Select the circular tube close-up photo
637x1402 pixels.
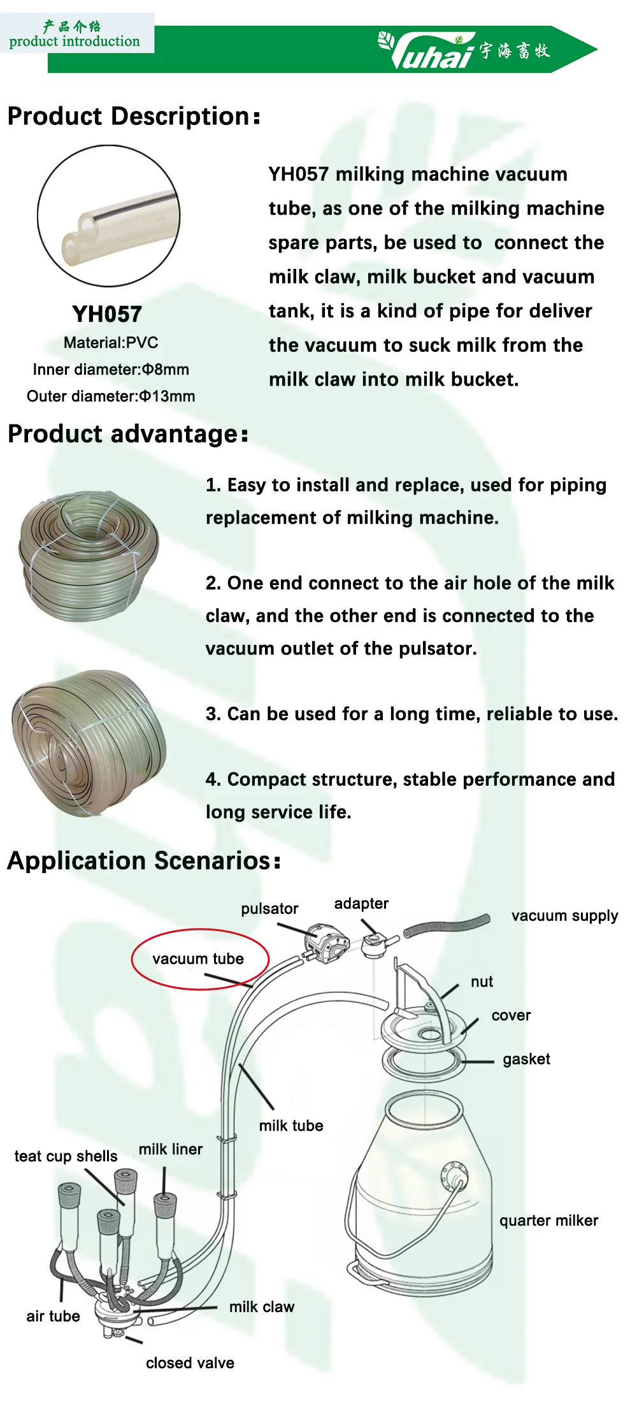(109, 215)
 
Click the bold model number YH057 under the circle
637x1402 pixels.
(107, 314)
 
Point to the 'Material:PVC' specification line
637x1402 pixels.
(111, 343)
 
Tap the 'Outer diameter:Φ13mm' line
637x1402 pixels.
(111, 396)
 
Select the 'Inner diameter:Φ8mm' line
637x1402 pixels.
(111, 370)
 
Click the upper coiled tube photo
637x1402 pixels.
(89, 555)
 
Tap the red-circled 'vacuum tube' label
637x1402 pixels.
(198, 959)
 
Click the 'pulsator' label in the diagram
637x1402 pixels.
(269, 909)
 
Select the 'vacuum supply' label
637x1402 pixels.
(564, 916)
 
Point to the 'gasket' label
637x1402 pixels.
(526, 1059)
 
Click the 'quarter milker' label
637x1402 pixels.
(548, 1220)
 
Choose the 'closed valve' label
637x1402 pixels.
(190, 1362)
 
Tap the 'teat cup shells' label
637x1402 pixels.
(66, 1156)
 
